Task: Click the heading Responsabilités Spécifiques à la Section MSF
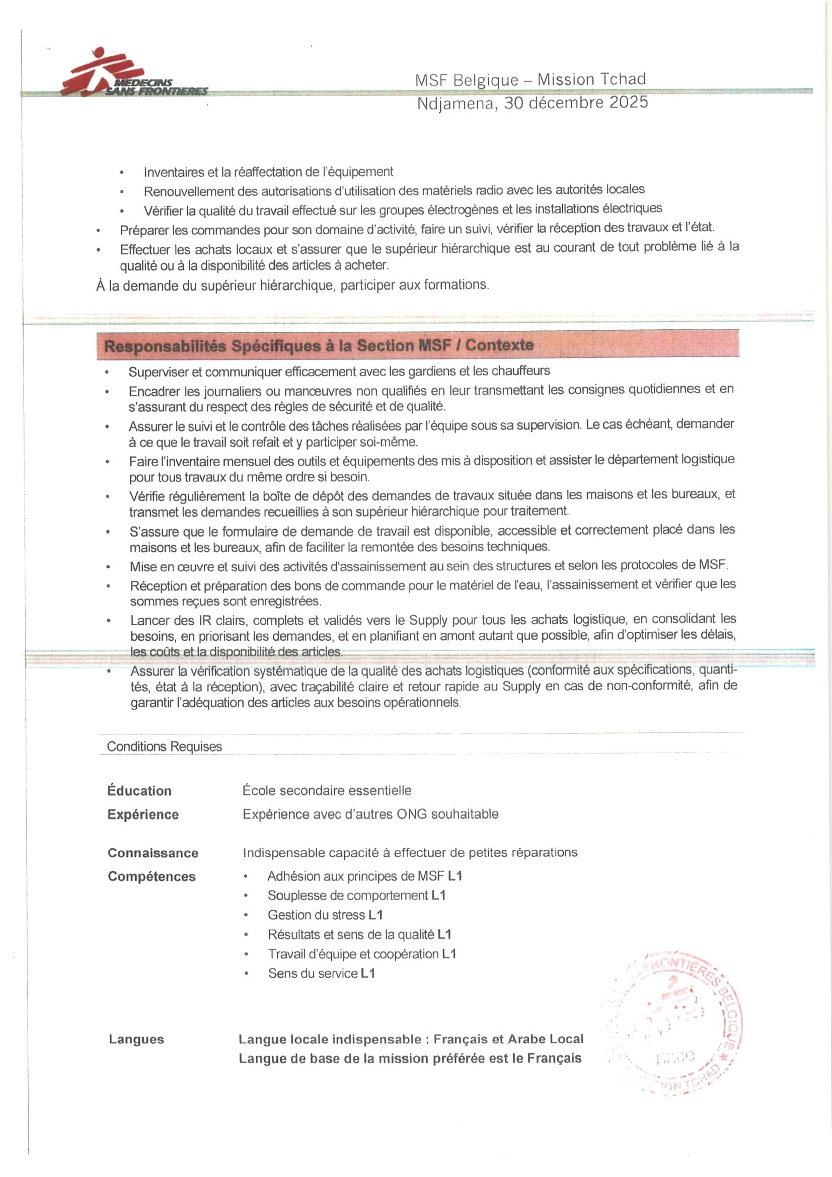point(318,345)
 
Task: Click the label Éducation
point(139,790)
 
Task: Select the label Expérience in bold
point(143,815)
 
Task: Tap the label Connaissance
point(153,853)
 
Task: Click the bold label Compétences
point(151,876)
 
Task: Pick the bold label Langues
point(136,1039)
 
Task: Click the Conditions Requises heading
point(164,747)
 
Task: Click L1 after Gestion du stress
point(375,915)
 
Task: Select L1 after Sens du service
point(367,974)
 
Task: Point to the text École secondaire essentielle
point(327,790)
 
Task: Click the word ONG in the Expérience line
point(412,814)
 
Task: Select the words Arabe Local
point(546,1039)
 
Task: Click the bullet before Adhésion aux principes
point(246,877)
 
